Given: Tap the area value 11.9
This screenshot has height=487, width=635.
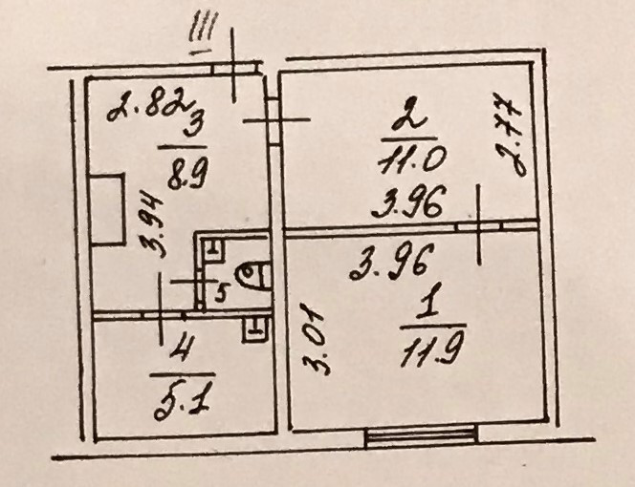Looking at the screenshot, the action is [427, 354].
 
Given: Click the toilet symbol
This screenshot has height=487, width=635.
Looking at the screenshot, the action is [252, 278].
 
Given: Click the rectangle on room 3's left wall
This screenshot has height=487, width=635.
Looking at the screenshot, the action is [105, 209].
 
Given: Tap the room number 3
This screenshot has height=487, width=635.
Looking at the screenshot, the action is [193, 121].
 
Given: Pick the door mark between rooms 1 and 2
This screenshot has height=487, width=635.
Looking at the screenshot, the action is [478, 227].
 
